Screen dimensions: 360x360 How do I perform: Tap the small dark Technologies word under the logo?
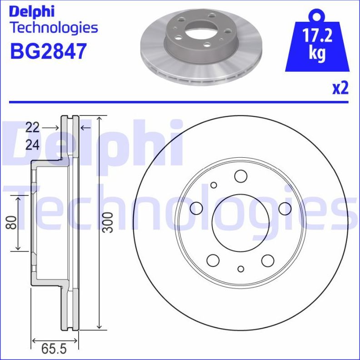[x=54, y=28]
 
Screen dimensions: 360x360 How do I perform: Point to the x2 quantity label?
[x=340, y=89]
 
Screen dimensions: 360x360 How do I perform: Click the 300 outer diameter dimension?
[x=108, y=222]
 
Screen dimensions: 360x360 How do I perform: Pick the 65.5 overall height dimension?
[x=54, y=349]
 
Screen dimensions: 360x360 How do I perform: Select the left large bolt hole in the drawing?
[x=196, y=208]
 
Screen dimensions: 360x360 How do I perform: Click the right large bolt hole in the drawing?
[x=285, y=208]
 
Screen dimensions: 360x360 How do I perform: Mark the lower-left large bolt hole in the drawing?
[x=213, y=260]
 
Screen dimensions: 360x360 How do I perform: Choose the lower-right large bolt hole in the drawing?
[x=268, y=260]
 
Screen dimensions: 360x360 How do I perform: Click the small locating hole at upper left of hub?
[x=214, y=185]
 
